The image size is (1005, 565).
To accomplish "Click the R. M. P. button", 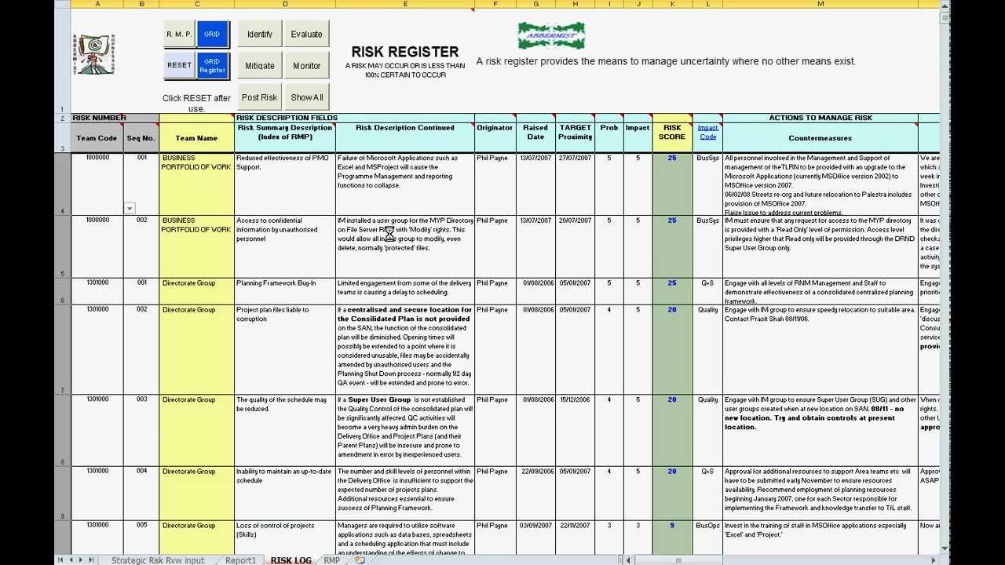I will (179, 35).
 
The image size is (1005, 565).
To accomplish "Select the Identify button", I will (260, 35).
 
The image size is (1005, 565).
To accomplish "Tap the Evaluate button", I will (306, 35).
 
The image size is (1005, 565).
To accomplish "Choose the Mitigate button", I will (260, 66).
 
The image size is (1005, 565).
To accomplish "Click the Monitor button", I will (306, 66).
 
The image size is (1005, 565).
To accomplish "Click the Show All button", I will (306, 97).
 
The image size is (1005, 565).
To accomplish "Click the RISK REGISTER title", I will (404, 52).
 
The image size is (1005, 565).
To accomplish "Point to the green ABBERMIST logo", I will (551, 35).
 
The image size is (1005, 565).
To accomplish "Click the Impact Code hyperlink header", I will (707, 132).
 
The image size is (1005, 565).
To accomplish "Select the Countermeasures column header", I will (820, 138).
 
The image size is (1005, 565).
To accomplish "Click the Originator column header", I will (495, 128).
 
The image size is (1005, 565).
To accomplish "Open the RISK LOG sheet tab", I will (291, 560).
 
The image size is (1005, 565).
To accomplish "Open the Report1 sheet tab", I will (240, 560).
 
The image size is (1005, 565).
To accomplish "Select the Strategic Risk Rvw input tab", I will (158, 560).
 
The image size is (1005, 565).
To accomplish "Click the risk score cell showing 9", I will (672, 526).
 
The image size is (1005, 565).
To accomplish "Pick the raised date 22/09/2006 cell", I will (535, 472).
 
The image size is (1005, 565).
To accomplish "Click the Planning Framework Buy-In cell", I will (276, 283).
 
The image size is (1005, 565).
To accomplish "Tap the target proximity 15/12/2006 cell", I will (575, 400).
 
